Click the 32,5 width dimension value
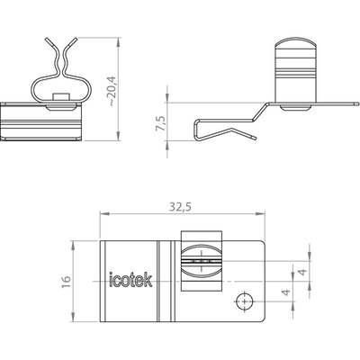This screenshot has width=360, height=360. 180,207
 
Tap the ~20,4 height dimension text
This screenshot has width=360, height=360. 112,91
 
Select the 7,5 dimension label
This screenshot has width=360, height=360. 161,122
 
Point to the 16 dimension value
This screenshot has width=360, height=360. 66,282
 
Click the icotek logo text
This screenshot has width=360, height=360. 130,280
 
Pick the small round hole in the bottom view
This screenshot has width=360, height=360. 245,301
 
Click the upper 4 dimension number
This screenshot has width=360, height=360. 302,272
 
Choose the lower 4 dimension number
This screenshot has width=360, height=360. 287,292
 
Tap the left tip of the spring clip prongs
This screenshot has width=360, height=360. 47,39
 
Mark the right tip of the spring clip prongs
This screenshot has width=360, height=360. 76,39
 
